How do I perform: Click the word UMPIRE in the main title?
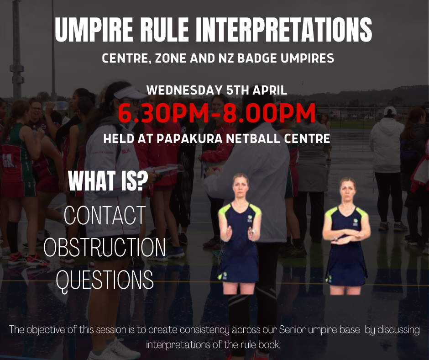(x=94, y=30)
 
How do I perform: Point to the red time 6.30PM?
(x=163, y=113)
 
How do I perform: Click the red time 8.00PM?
(x=269, y=113)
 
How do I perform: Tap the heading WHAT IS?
(x=108, y=181)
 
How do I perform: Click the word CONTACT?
(x=105, y=215)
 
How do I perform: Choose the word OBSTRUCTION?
(x=105, y=248)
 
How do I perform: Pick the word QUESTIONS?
(x=105, y=280)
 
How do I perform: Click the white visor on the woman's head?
(x=131, y=93)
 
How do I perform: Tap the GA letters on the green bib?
(x=9, y=161)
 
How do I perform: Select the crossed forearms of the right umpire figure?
(x=346, y=236)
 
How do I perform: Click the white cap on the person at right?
(x=390, y=111)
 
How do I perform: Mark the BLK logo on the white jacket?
(x=126, y=151)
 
